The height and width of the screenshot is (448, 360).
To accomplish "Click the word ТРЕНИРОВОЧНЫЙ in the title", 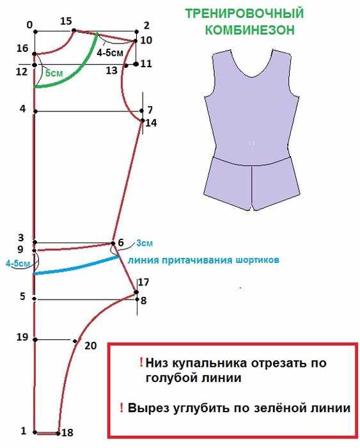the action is tap(245, 13).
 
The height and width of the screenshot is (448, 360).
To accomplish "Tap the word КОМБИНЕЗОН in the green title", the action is tap(250, 29).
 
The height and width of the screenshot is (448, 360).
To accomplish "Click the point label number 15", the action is tap(66, 21).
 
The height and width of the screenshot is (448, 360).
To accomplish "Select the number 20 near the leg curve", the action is tap(91, 346).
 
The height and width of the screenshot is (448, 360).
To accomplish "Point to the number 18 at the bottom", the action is tap(67, 433).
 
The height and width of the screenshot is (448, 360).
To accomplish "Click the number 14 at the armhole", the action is tap(151, 123).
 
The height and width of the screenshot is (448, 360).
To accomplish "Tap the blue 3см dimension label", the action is tap(145, 243).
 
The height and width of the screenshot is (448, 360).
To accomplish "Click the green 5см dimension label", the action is tap(54, 73).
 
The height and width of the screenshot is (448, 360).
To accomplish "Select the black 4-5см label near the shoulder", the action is tap(110, 52).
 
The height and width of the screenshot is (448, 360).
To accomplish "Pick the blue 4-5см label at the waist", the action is tap(18, 263).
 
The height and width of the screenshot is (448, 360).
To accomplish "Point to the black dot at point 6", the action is tap(113, 243).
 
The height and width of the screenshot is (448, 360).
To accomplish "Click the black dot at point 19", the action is tap(35, 340).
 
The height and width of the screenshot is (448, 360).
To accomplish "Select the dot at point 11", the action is tap(136, 64).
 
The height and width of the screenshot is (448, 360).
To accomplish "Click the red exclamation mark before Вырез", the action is tap(121, 408).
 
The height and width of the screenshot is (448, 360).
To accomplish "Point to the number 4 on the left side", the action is tap(22, 109).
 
